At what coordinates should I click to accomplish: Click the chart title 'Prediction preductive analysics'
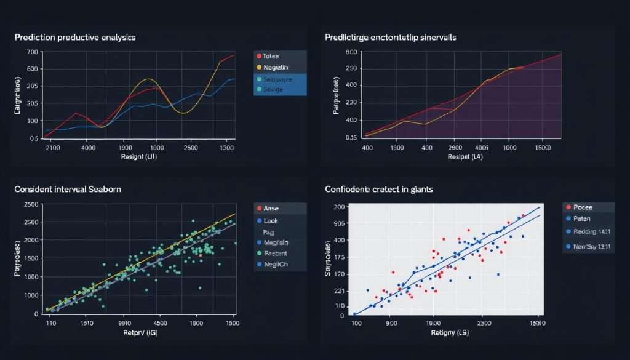click(x=75, y=38)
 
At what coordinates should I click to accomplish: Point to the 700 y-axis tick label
click(x=33, y=52)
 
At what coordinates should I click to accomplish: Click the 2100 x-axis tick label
click(x=53, y=148)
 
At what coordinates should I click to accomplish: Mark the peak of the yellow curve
click(x=148, y=79)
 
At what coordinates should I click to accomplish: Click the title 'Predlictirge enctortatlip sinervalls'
click(x=391, y=38)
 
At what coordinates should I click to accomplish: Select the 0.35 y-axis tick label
click(x=351, y=138)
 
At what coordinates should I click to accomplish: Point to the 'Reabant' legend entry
click(x=276, y=254)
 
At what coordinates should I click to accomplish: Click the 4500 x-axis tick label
click(x=160, y=322)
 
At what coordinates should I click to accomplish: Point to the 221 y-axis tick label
click(x=338, y=290)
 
